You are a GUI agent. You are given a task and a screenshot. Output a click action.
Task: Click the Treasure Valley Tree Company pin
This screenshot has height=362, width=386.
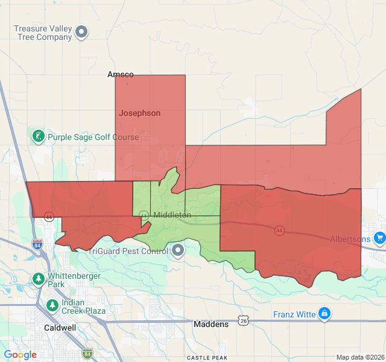point(81,31)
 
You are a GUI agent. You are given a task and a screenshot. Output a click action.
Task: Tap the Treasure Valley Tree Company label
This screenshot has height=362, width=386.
point(43,33)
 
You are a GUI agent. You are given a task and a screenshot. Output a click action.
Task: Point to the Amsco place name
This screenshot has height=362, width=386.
point(120,75)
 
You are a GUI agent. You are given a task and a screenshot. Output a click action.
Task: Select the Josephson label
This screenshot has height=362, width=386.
point(140,113)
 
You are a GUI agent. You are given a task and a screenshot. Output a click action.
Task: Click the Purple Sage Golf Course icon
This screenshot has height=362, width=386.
point(38,136)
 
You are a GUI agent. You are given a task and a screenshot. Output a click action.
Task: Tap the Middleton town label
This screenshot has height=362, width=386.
point(172,215)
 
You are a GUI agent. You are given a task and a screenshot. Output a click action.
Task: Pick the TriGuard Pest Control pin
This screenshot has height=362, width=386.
point(177,250)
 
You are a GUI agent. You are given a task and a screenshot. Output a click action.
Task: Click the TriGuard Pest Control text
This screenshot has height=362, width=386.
point(129,251)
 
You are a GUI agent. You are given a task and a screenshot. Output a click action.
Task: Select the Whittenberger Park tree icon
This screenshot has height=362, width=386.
point(39,279)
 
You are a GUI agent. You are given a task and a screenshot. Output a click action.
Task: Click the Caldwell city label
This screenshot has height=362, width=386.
point(60,328)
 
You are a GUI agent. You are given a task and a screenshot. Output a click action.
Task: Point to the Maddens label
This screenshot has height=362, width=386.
point(211,324)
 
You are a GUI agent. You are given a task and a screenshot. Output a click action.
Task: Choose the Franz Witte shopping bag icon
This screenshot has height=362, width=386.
point(324,314)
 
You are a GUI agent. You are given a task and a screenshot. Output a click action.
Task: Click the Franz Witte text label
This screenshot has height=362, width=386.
point(295,314)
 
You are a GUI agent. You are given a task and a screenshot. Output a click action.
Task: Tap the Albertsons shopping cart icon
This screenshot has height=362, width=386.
point(379,238)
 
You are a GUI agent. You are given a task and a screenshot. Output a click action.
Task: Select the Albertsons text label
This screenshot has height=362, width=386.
point(350,239)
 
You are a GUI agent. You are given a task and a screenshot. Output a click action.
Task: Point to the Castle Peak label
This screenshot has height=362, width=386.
point(207,358)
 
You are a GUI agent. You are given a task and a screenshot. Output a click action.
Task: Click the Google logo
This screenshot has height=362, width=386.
point(20,355)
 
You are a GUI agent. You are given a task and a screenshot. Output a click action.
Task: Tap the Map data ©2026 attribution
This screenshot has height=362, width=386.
point(359,357)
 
